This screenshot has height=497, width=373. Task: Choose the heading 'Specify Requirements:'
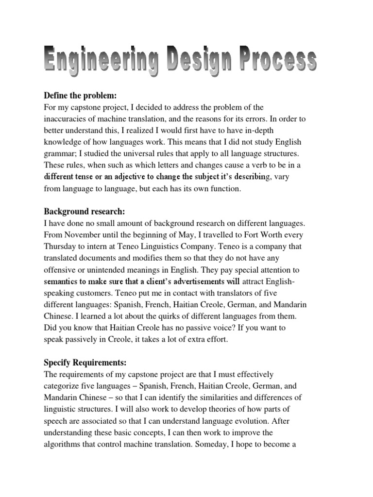[85, 362]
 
